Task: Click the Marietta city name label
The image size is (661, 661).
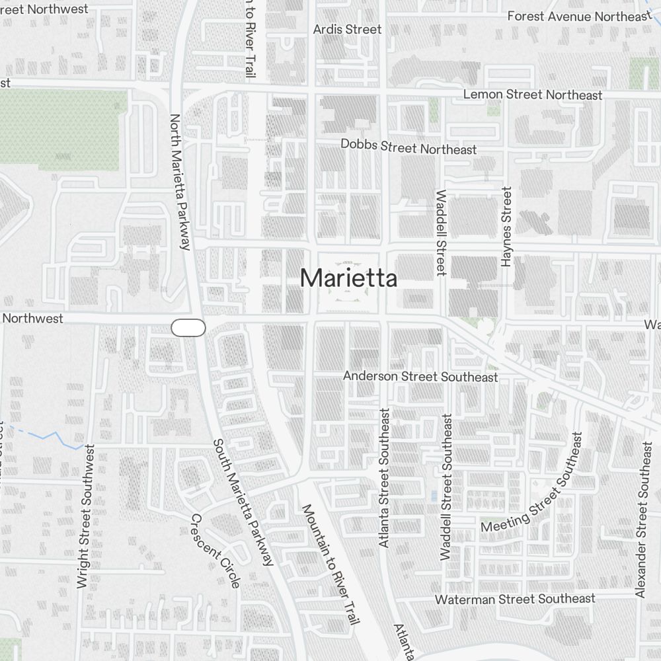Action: (x=348, y=279)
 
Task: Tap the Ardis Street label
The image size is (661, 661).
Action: (x=347, y=29)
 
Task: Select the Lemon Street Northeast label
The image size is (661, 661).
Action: (x=533, y=95)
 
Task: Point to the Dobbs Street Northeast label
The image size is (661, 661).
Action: (x=408, y=147)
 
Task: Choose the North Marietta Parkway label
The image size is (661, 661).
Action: (x=180, y=182)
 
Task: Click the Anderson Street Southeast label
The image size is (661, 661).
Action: (x=420, y=376)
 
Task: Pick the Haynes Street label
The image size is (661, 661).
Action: (x=507, y=227)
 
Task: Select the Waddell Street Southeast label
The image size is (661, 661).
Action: (x=446, y=487)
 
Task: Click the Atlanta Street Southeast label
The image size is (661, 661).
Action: (x=385, y=477)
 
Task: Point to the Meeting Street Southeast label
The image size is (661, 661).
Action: (x=535, y=482)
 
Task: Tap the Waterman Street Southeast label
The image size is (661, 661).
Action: (x=515, y=599)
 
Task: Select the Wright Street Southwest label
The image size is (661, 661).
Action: (x=84, y=516)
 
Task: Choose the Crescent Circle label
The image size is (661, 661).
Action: (x=215, y=550)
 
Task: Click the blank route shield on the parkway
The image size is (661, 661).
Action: (x=188, y=327)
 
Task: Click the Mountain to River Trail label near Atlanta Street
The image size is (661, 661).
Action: (x=330, y=565)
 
